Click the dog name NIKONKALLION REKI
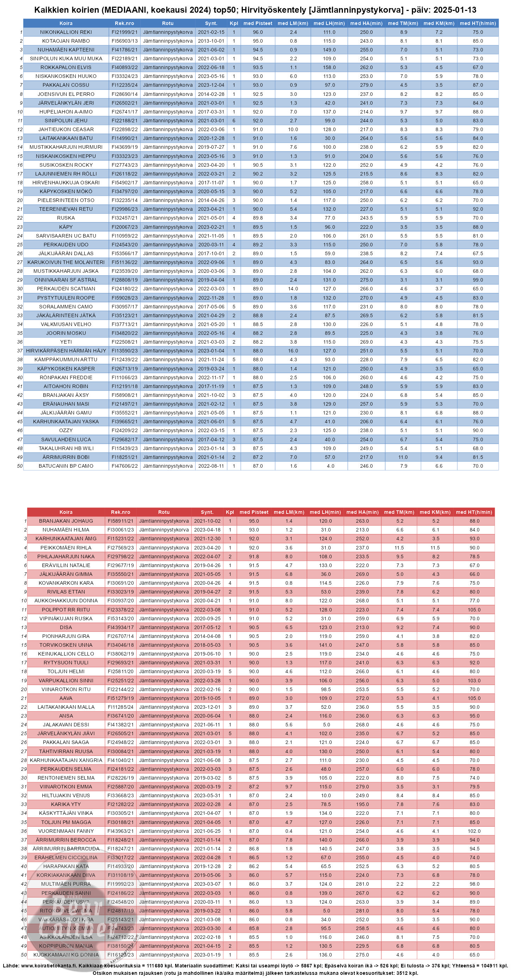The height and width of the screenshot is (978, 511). (x=66, y=32)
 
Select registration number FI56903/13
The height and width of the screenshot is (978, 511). (x=124, y=41)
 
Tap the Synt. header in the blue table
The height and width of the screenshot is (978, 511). (x=211, y=23)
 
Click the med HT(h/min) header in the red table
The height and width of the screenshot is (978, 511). (x=474, y=512)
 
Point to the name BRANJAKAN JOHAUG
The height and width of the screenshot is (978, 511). (x=66, y=521)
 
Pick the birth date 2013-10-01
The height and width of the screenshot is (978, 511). (x=211, y=41)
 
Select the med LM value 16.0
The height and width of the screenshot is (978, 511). (x=293, y=351)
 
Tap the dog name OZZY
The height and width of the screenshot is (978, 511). (x=66, y=430)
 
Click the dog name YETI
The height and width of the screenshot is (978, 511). (x=66, y=342)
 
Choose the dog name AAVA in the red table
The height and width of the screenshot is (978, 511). (x=66, y=698)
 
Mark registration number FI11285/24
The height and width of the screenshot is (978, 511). (x=120, y=707)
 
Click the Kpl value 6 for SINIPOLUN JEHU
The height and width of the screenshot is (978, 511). (x=234, y=121)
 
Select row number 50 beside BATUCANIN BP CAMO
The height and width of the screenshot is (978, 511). (x=20, y=466)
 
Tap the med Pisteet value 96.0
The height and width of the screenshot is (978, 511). (x=257, y=32)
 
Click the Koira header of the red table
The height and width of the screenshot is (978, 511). (x=66, y=512)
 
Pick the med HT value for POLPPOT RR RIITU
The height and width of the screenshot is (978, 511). (x=474, y=610)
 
